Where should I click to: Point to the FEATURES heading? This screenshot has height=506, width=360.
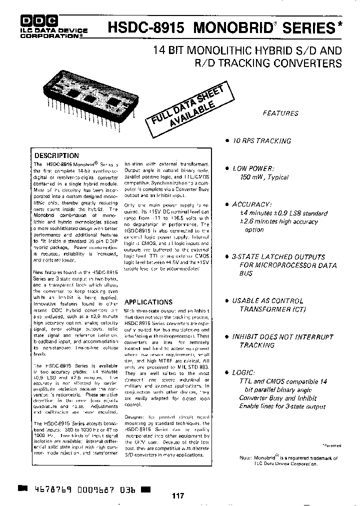[x=280, y=113]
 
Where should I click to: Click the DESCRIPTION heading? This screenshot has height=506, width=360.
[x=56, y=155]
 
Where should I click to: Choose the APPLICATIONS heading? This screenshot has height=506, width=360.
[x=148, y=302]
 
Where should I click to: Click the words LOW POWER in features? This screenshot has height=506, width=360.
[x=253, y=168]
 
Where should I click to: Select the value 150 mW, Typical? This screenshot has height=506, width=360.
[x=263, y=177]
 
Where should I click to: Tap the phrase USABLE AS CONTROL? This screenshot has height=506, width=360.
[x=267, y=301]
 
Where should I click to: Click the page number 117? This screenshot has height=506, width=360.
[x=178, y=496]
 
